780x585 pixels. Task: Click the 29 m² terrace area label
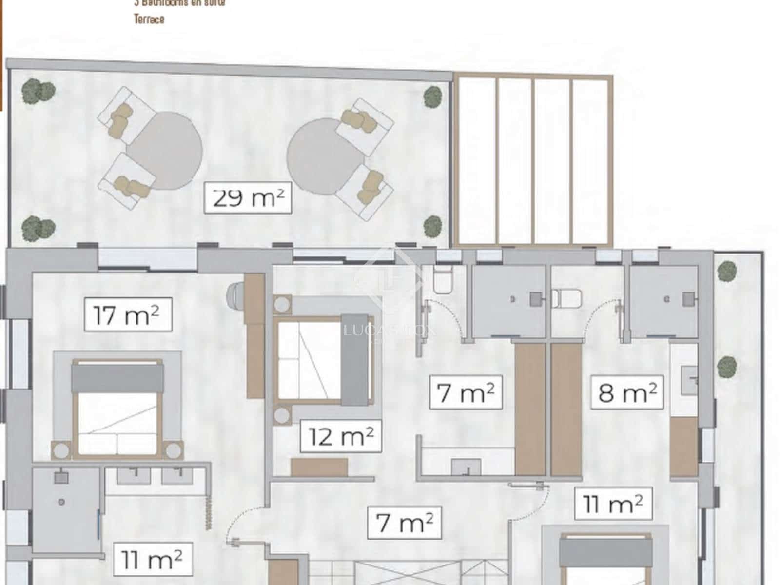pyautogui.click(x=248, y=197)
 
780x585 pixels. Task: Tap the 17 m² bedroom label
pyautogui.click(x=128, y=315)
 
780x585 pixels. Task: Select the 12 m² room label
pyautogui.click(x=341, y=436)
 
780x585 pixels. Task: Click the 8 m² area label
pyautogui.click(x=627, y=392)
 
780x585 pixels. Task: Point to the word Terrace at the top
pyautogui.click(x=149, y=19)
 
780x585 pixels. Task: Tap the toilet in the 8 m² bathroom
pyautogui.click(x=565, y=297)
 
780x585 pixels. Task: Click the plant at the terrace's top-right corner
pyautogui.click(x=432, y=97)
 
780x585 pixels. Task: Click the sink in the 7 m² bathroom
pyautogui.click(x=466, y=467)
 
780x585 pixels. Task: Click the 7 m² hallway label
pyautogui.click(x=404, y=523)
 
